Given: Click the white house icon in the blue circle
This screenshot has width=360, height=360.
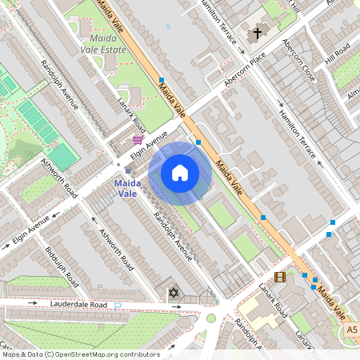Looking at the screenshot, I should pyautogui.click(x=180, y=173).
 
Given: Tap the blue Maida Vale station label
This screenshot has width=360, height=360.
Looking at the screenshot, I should pyautogui.click(x=122, y=188).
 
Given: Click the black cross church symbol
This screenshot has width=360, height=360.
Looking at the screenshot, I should pyautogui.click(x=257, y=34).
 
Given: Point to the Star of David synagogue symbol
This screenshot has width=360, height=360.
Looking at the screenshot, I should pyautogui.click(x=171, y=294).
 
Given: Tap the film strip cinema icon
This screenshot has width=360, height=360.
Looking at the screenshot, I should pyautogui.click(x=279, y=277).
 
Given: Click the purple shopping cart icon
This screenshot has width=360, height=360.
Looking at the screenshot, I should pyautogui.click(x=138, y=139).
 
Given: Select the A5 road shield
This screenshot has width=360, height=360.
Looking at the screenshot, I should pyautogui.click(x=352, y=329).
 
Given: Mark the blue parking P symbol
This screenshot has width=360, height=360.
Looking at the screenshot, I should pyautogui.click(x=118, y=306).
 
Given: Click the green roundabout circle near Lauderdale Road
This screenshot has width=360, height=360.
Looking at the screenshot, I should pyautogui.click(x=211, y=318).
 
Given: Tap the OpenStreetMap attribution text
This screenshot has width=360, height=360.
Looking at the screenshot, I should pyautogui.click(x=80, y=354).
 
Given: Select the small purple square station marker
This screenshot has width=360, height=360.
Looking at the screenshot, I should pyautogui.click(x=127, y=170).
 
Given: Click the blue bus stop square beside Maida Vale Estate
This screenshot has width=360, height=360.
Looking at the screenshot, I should pyautogui.click(x=162, y=80).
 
